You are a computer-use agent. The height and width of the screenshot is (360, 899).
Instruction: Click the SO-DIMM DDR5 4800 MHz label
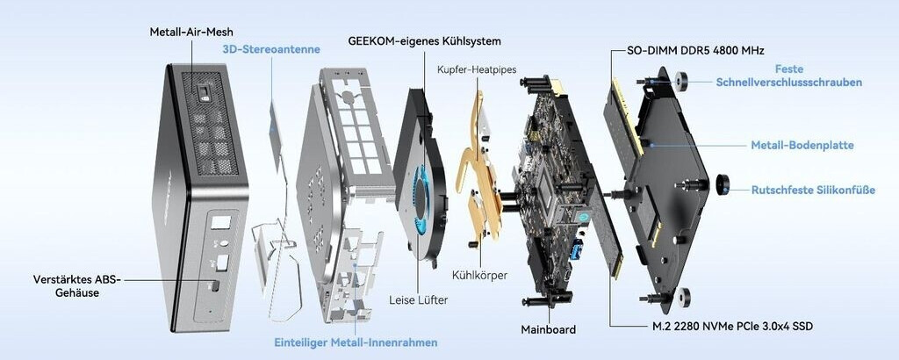690,51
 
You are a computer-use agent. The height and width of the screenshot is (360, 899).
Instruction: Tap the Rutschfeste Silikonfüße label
813,189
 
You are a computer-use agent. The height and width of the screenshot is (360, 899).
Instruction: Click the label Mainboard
548,329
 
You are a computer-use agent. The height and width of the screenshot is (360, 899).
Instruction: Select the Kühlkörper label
479,275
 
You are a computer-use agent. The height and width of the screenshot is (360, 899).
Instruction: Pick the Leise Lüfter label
418,300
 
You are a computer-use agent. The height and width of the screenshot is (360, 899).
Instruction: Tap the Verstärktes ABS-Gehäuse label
76,286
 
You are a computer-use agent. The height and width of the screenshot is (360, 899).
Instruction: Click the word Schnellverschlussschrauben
788,83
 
